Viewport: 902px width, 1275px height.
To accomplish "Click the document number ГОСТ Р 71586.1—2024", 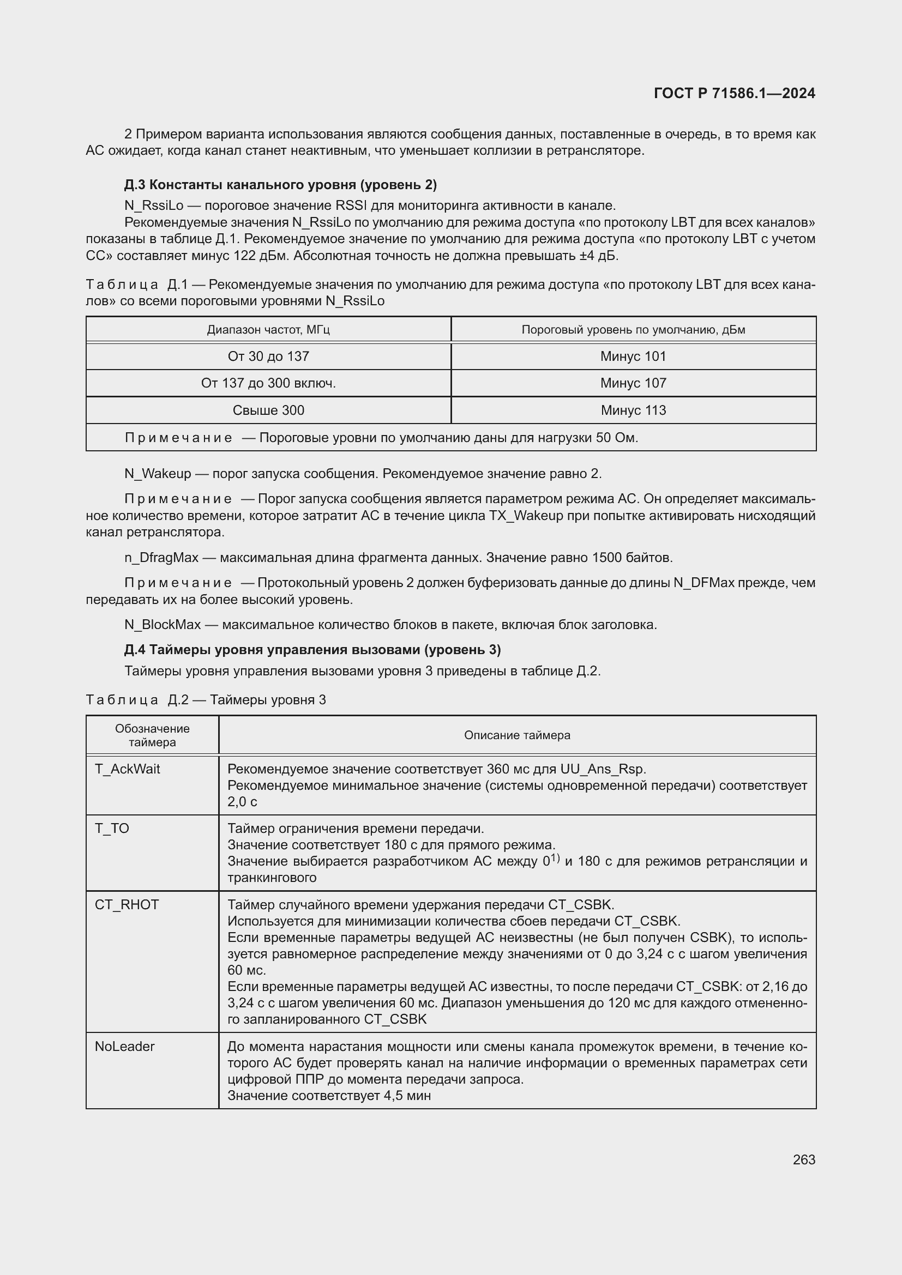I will pos(733,93).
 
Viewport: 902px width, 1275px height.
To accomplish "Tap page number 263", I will pos(804,1159).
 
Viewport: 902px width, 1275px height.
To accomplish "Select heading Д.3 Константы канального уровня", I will pos(280,184).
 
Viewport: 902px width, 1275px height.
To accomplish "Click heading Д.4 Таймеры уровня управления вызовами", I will pos(312,650).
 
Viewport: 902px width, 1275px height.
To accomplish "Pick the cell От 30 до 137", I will pos(268,356).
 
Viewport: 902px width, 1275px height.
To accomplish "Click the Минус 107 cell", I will pos(633,383).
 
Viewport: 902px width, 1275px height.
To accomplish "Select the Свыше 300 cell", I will pos(268,410).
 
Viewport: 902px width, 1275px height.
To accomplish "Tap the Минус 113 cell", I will pos(633,410).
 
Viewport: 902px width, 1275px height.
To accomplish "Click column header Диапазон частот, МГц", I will pos(268,330).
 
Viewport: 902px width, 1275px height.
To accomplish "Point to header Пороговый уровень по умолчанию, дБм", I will pos(633,330).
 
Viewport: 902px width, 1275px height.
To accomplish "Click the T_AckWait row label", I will pos(127,769).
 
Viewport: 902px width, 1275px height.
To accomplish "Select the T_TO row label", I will pos(112,829).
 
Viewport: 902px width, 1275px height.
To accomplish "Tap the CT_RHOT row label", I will pos(127,905).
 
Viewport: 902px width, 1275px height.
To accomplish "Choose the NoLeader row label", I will pos(124,1046).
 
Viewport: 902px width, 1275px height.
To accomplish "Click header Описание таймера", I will pos(516,735).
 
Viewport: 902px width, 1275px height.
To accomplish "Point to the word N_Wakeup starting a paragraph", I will pos(157,474).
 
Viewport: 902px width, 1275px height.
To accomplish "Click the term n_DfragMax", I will pos(161,558).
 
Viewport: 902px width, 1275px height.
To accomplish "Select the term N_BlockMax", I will pos(162,625).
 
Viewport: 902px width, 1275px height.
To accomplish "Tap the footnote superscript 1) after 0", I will pos(555,859).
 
